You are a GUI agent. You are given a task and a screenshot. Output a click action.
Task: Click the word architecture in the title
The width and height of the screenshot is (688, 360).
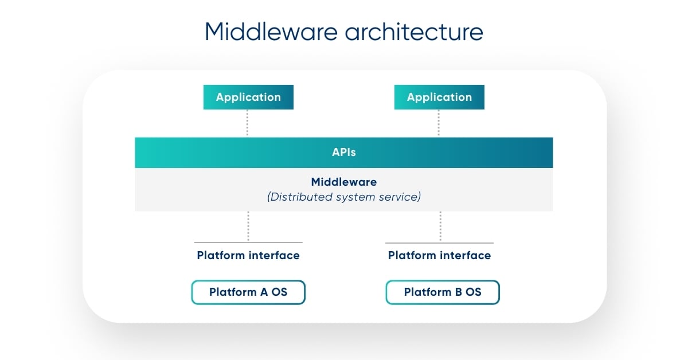tap(414, 32)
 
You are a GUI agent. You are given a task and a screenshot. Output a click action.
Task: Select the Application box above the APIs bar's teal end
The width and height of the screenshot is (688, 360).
tap(248, 97)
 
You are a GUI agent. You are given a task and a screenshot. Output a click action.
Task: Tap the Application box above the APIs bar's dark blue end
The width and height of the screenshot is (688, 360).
tap(439, 97)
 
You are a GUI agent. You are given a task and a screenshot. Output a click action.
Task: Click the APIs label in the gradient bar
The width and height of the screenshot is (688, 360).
tap(344, 152)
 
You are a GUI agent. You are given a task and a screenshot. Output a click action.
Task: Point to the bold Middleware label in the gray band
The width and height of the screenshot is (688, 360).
tap(344, 182)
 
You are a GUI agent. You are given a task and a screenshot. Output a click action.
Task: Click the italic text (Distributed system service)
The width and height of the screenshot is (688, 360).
tap(344, 197)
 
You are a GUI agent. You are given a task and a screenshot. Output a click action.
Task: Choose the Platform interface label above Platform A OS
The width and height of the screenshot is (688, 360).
tap(248, 255)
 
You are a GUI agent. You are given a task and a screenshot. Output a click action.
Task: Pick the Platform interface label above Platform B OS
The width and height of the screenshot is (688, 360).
tap(439, 255)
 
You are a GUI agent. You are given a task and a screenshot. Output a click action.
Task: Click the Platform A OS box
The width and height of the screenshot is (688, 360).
tap(248, 292)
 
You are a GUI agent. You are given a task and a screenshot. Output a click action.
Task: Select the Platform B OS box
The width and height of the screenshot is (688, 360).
tap(443, 292)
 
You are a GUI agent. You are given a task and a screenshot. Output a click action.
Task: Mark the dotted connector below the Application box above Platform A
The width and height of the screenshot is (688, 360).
tap(248, 123)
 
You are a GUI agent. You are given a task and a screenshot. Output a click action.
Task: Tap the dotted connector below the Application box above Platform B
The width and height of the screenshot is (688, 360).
tap(439, 123)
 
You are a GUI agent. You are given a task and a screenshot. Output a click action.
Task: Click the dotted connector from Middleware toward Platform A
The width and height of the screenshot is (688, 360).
tap(248, 226)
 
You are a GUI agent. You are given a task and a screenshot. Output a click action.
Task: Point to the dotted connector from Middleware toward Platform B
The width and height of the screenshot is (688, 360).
tap(440, 226)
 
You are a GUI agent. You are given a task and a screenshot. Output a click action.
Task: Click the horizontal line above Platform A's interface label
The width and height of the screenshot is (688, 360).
tap(248, 242)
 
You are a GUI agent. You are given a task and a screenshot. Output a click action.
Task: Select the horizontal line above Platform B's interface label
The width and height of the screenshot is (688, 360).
tap(439, 242)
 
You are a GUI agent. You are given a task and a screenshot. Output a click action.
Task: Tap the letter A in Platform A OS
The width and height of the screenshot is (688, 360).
tap(264, 292)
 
